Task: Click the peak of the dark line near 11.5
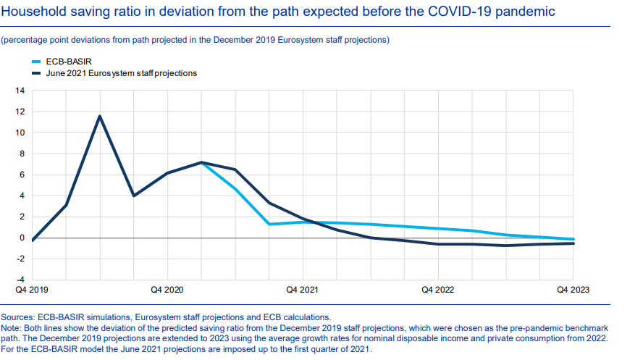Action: click(100, 116)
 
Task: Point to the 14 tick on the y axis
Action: click(20, 91)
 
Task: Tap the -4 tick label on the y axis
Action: click(20, 280)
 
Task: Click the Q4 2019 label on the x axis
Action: click(32, 290)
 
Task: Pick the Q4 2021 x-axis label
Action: click(302, 290)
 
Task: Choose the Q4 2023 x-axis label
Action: click(573, 290)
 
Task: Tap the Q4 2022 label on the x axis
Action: click(437, 290)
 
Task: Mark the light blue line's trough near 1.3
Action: click(269, 224)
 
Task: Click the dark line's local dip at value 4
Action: click(133, 196)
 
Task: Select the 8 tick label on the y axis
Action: click(22, 154)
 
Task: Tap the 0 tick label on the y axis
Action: click(22, 238)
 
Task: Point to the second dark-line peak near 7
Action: click(201, 162)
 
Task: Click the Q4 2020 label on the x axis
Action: click(167, 290)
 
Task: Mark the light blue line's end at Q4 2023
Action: click(573, 239)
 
